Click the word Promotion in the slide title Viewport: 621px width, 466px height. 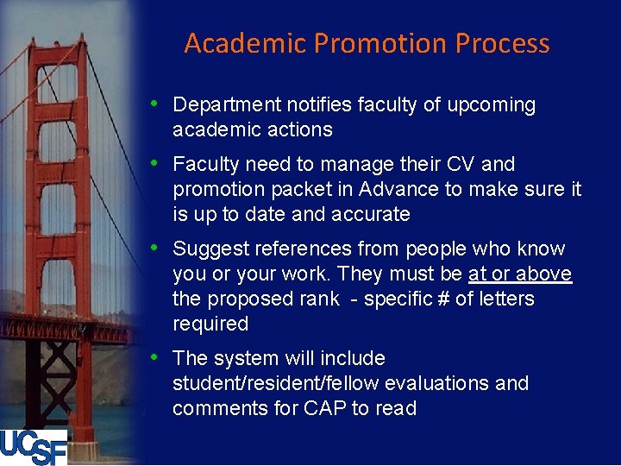[x=379, y=43]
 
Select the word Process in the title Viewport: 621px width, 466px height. [x=503, y=43]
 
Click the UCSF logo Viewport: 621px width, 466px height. [x=34, y=446]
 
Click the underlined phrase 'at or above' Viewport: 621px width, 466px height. [x=520, y=274]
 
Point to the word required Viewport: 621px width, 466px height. [x=210, y=324]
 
